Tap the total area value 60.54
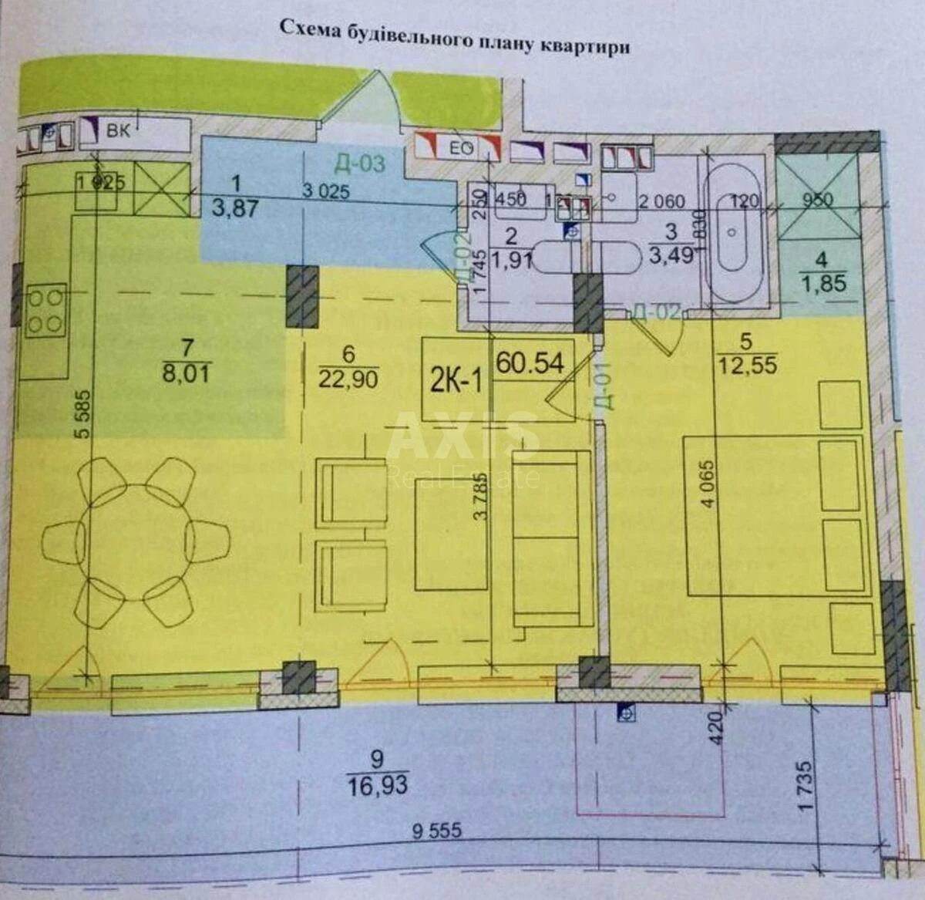(530, 362)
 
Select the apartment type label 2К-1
(456, 381)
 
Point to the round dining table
(136, 542)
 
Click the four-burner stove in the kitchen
(45, 311)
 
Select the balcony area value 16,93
(378, 785)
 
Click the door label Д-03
(359, 163)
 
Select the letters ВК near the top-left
(118, 130)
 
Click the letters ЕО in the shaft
(461, 148)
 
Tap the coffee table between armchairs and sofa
(451, 534)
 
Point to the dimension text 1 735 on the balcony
(805, 787)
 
